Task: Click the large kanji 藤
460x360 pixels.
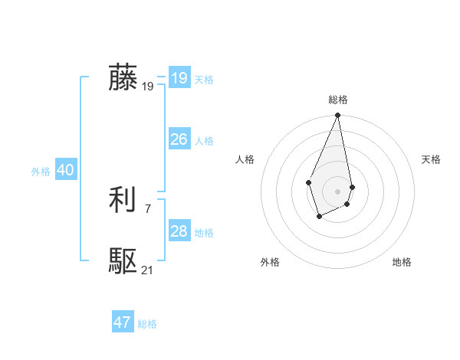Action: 123,77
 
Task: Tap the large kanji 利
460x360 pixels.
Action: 123,201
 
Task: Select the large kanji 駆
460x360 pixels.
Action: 123,262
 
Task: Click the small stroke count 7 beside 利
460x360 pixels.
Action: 147,208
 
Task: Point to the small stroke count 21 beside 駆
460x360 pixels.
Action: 147,270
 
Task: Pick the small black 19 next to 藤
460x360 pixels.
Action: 147,87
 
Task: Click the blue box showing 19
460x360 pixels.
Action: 179,78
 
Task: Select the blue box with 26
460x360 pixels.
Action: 179,139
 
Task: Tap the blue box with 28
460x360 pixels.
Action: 179,231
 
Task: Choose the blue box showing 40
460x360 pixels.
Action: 65,170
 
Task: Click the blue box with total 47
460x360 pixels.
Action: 123,322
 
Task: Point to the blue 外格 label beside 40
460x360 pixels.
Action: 41,172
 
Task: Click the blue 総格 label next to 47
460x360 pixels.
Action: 147,324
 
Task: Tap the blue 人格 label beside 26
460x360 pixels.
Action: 204,141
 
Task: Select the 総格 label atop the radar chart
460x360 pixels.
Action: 338,100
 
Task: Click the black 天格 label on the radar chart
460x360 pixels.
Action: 431,159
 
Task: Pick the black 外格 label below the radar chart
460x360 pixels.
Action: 269,262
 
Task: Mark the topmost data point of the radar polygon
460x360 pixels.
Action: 338,116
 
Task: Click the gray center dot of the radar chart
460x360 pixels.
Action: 338,191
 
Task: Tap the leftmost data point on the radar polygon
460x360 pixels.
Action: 308,182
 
